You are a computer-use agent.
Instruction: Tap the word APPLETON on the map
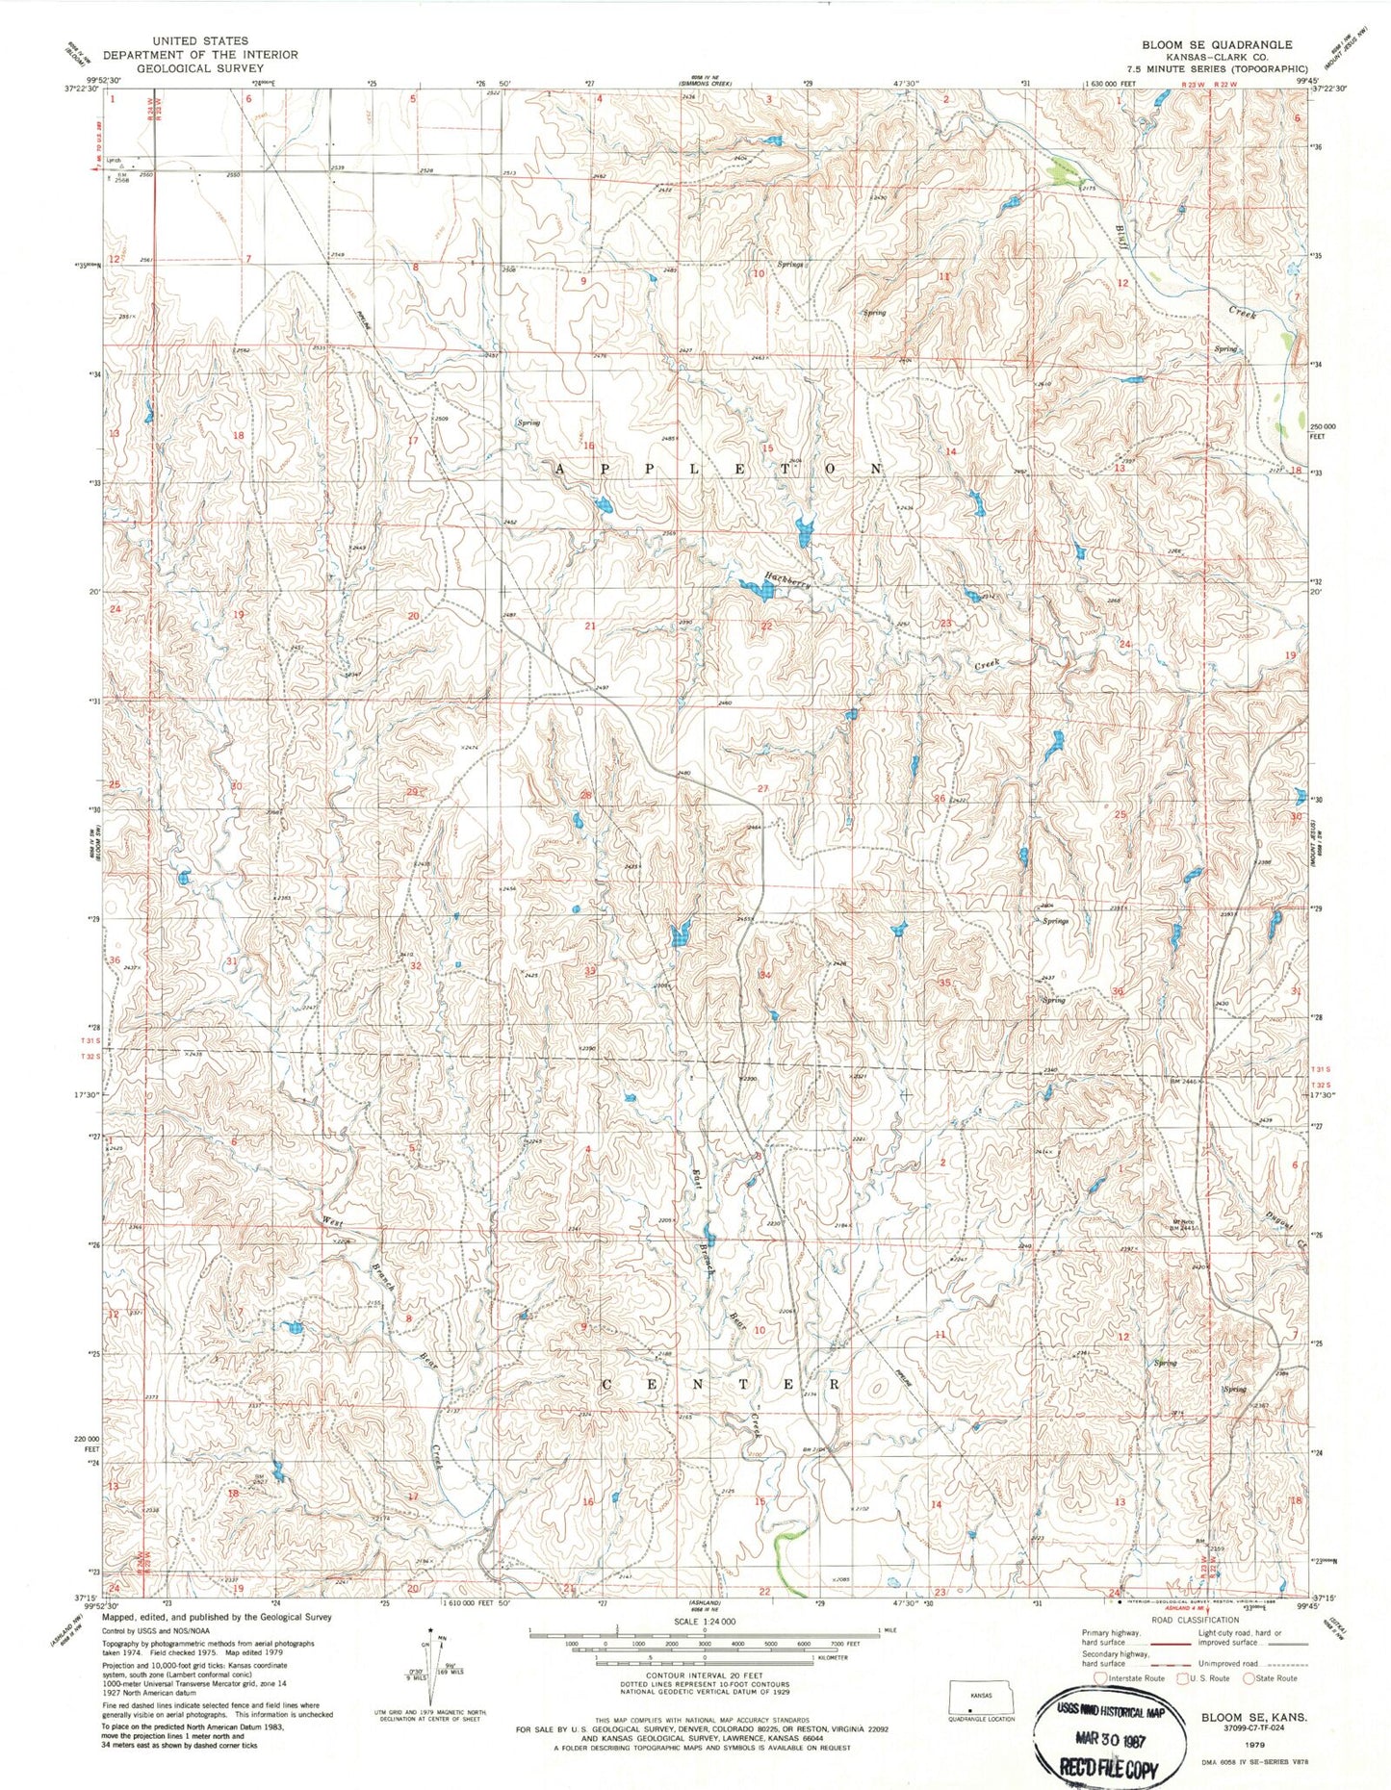click(718, 469)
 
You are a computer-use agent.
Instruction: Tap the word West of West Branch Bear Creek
click(332, 1221)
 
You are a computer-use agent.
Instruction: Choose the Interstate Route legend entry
click(1131, 1677)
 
